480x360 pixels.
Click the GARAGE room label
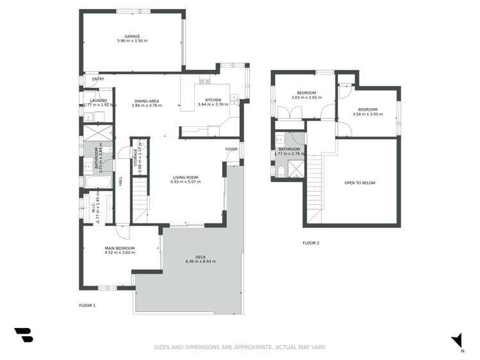[x=132, y=37]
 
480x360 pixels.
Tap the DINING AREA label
[x=146, y=101]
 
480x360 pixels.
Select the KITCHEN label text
[x=213, y=101]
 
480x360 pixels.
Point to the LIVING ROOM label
[x=185, y=177]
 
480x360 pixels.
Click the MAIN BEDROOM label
[x=120, y=248]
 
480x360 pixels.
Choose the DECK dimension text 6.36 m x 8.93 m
[x=201, y=261]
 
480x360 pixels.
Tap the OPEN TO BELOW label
[x=360, y=183]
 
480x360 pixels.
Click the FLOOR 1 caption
[x=87, y=306]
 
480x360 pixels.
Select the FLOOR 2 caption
[x=311, y=243]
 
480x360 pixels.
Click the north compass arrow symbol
[x=457, y=340]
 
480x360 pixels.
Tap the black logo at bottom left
[x=23, y=334]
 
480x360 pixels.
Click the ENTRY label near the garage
[x=98, y=79]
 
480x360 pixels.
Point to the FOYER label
[x=231, y=149]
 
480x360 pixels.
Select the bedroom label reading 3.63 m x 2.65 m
[x=306, y=95]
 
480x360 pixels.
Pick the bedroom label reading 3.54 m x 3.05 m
[x=367, y=111]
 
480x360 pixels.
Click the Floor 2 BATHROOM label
[x=290, y=151]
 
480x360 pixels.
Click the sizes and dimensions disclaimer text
[x=240, y=347]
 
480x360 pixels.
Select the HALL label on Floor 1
[x=120, y=182]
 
